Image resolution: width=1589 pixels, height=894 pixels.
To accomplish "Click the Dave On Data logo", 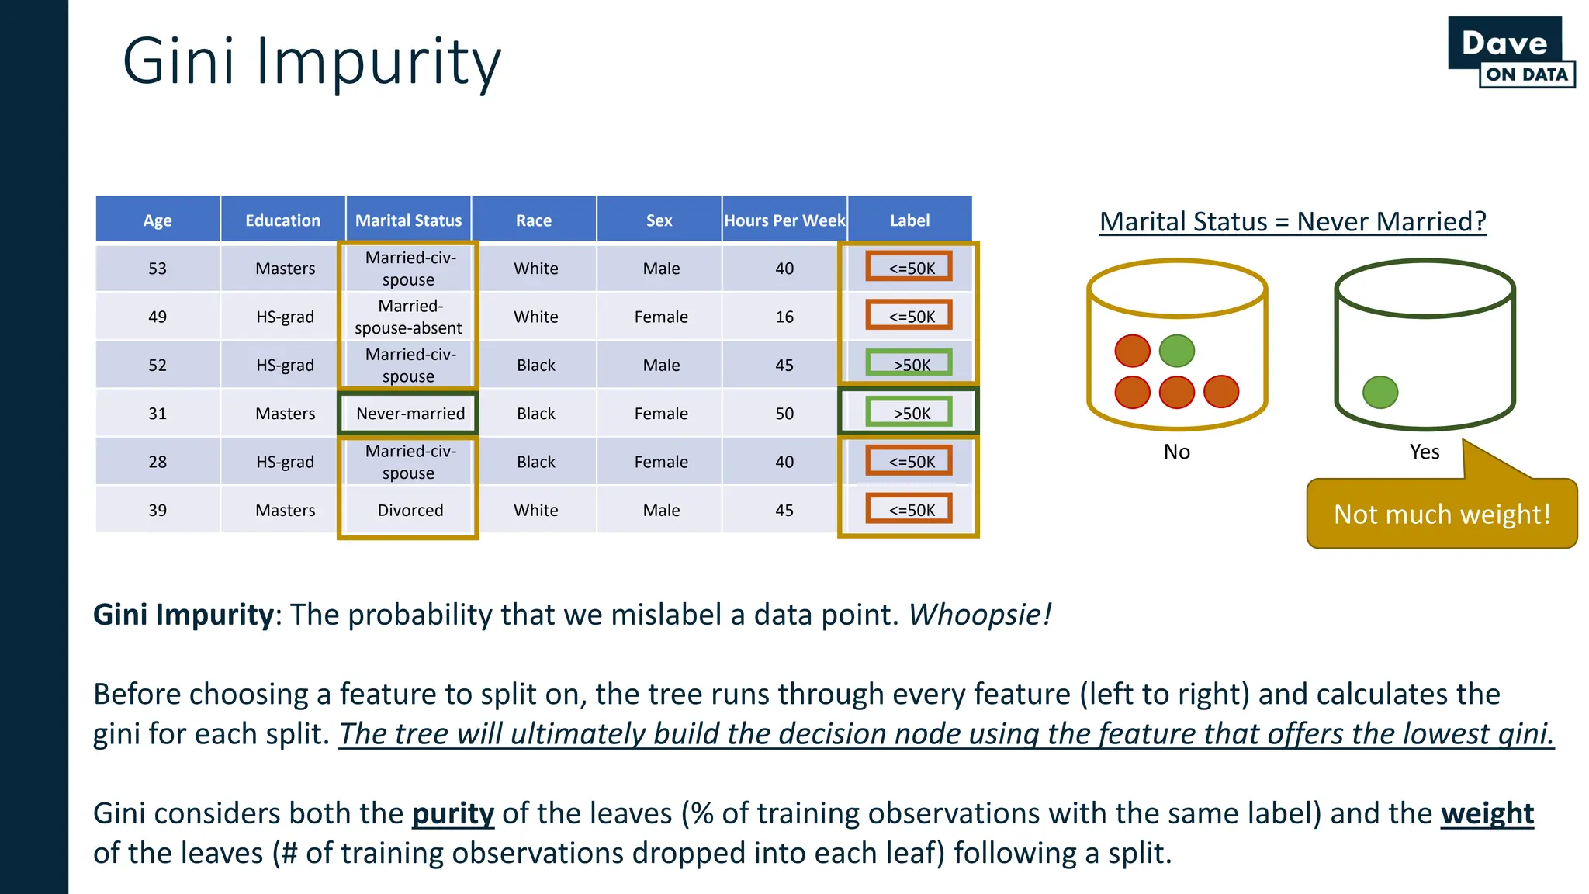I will tap(1511, 52).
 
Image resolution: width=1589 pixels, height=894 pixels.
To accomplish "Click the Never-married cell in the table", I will tap(410, 414).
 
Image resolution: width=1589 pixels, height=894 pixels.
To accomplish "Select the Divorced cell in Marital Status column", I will tap(410, 511).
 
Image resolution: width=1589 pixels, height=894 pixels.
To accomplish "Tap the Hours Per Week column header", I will tap(784, 220).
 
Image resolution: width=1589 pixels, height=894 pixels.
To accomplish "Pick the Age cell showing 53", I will tap(158, 269).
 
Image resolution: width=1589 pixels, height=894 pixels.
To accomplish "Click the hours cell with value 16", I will tap(784, 317).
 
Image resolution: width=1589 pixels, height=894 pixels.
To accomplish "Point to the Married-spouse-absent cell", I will tap(408, 317).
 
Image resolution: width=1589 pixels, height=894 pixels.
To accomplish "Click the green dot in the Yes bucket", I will tap(1380, 392).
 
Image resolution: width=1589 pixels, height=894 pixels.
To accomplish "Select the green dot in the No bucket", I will tap(1176, 351).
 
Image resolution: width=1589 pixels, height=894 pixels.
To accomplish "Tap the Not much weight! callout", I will tap(1442, 514).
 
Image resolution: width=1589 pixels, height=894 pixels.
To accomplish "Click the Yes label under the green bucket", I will tap(1424, 452).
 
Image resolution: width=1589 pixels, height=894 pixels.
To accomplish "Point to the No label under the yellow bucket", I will tap(1176, 452).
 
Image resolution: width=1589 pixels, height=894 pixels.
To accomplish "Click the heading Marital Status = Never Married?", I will tap(1293, 222).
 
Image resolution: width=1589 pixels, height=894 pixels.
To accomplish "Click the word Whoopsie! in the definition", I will tap(979, 615).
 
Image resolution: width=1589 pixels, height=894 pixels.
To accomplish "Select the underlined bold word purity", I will tap(452, 813).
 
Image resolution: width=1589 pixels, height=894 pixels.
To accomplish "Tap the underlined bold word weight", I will tap(1487, 813).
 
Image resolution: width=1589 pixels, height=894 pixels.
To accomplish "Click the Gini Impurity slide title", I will tap(312, 62).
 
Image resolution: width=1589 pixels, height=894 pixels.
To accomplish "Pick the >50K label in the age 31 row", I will tap(910, 414).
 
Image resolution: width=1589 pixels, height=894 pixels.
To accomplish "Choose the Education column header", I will tap(282, 220).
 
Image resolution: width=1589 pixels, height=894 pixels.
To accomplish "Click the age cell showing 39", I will tap(158, 511).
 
